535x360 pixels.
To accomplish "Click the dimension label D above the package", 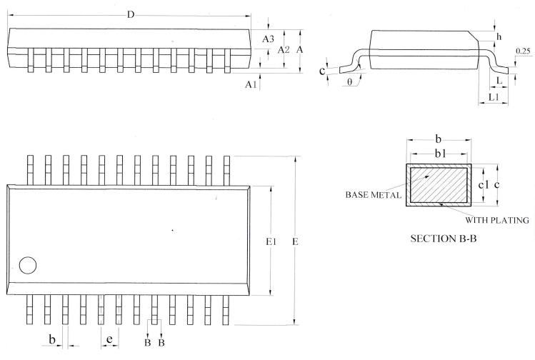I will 129,15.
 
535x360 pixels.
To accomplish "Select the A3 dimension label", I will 269,39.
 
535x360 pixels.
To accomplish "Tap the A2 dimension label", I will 284,50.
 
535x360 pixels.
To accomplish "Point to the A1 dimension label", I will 251,84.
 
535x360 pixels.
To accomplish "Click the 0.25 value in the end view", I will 521,50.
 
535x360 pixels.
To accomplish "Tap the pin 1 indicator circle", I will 28,265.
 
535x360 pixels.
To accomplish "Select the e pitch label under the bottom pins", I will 109,337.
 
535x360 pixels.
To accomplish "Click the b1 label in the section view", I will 440,154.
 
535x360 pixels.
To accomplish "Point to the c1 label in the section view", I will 483,185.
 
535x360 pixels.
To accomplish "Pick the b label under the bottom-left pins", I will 52,337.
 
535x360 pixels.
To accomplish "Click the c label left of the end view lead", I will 323,71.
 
